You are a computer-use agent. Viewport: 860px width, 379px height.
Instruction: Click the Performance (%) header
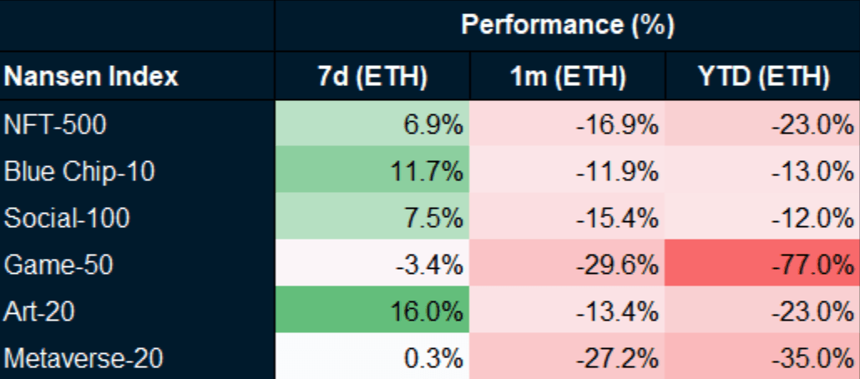tap(567, 25)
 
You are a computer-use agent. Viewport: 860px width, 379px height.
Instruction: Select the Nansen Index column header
tap(91, 78)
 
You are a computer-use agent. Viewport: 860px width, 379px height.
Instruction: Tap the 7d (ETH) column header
tap(372, 78)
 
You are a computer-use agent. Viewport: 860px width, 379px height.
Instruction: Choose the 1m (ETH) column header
tap(567, 78)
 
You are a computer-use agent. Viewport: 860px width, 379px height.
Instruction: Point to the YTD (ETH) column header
tap(761, 78)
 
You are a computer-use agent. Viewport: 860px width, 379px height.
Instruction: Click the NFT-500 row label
tap(56, 126)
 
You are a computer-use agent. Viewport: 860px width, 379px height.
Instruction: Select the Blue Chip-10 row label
tap(79, 172)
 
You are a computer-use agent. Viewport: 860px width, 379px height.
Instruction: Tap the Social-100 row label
tap(67, 219)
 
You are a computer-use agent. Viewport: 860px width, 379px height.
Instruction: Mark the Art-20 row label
tap(40, 311)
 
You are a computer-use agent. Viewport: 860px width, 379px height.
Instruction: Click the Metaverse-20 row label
tap(83, 358)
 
